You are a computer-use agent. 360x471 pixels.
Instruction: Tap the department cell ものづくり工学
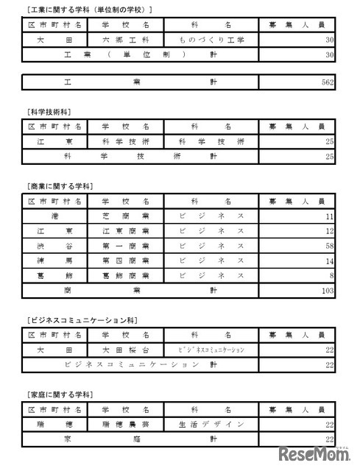point(212,39)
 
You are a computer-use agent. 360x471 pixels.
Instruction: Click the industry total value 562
point(328,83)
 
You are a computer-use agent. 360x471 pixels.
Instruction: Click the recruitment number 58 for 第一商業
point(328,246)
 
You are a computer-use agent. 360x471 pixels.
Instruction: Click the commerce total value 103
point(328,291)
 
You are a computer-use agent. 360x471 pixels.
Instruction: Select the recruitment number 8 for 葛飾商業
point(331,275)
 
